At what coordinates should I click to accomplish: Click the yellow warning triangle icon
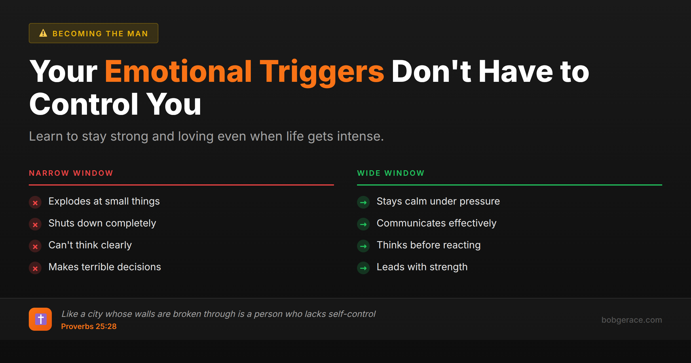click(x=43, y=33)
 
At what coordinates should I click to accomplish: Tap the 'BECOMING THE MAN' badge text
click(x=100, y=34)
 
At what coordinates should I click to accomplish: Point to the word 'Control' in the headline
click(x=84, y=104)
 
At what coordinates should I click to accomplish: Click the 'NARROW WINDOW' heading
click(x=71, y=173)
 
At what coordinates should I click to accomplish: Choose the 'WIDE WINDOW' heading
click(x=391, y=173)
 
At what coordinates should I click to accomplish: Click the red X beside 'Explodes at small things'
click(x=35, y=203)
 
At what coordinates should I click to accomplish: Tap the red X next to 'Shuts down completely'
click(x=35, y=224)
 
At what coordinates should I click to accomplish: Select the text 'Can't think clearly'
click(x=90, y=245)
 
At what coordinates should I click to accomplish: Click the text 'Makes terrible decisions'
click(x=105, y=267)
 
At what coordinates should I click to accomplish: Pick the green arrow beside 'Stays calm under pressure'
click(x=363, y=203)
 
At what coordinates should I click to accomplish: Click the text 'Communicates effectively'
click(x=436, y=223)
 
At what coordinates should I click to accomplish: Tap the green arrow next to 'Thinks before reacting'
click(x=363, y=246)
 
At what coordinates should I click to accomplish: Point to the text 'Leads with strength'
click(x=422, y=267)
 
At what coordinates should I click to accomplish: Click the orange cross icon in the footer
click(x=40, y=319)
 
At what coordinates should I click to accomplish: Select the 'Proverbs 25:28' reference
click(x=89, y=326)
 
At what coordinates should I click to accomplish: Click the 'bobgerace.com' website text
click(x=632, y=320)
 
